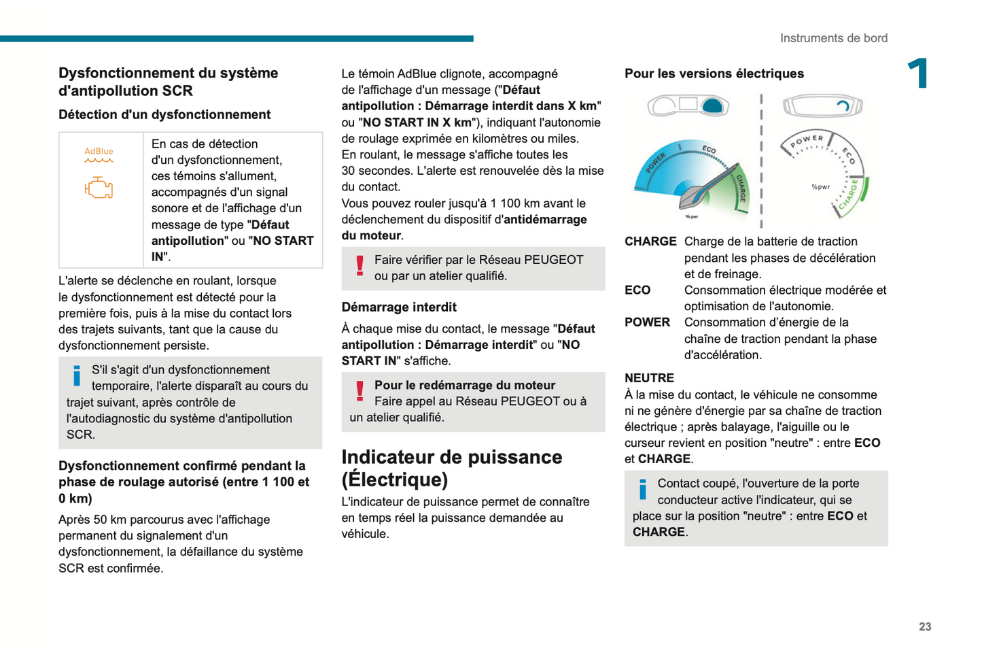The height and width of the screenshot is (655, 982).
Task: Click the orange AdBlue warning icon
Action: coord(99,155)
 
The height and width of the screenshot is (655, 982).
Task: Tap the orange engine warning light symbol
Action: coord(99,188)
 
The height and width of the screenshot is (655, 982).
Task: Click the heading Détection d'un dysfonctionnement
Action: coord(164,115)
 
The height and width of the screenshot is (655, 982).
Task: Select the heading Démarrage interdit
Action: coord(399,307)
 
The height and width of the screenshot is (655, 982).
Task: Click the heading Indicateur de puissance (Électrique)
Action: coord(451,468)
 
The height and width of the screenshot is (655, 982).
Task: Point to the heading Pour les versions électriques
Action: coord(714,73)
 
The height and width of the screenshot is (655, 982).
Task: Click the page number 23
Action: coord(925,626)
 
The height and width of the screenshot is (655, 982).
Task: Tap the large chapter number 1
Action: coord(918,73)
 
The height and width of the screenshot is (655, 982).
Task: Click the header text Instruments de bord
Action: coord(833,38)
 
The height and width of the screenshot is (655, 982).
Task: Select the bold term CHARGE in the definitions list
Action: coord(650,241)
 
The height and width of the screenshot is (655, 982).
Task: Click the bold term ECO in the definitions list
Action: coord(637,290)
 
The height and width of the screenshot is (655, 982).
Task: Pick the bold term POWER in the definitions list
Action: coord(647,322)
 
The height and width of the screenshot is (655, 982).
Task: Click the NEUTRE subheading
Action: coord(649,378)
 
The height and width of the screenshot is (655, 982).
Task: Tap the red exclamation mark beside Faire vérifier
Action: coord(360,265)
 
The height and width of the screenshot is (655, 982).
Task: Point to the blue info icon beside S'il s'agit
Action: coord(77,375)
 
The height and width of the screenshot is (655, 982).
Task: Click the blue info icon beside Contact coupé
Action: coord(642,489)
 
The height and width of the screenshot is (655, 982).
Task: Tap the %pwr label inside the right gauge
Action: coord(820,187)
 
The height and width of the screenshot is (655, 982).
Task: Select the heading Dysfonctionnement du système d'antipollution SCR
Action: coord(168,82)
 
